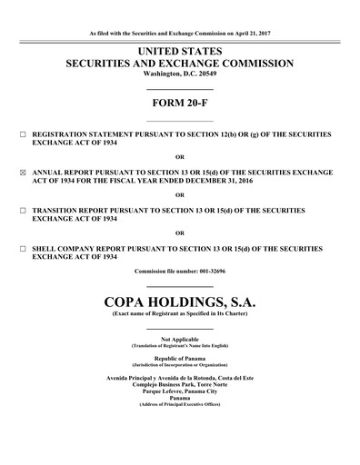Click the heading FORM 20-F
[179, 103]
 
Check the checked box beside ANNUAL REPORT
[23, 170]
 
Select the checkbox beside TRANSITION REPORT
[23, 208]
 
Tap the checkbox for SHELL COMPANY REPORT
[23, 246]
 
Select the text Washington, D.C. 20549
[179, 74]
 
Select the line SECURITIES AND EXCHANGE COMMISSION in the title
[179, 63]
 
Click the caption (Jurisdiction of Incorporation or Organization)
[179, 365]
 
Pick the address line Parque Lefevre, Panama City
[179, 391]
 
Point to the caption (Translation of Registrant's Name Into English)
[179, 345]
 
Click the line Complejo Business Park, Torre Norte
[179, 384]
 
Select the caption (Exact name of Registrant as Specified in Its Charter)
[179, 312]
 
